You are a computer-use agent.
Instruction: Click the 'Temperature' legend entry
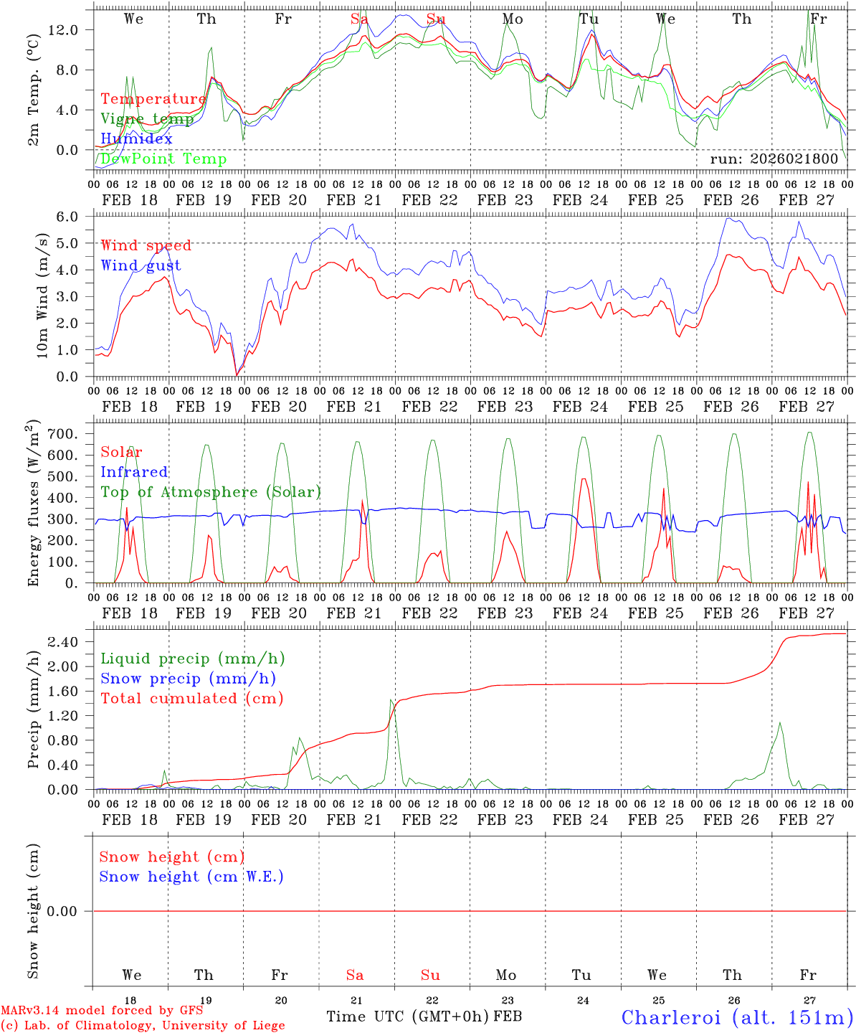(153, 99)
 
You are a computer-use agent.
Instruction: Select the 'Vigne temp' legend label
(147, 119)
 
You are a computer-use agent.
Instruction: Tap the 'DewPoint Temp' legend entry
(163, 159)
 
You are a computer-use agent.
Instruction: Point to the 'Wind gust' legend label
(141, 265)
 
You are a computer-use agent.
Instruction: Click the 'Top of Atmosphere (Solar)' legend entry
(211, 492)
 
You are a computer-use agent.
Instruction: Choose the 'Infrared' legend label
(134, 472)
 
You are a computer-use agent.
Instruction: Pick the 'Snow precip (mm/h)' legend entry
(189, 679)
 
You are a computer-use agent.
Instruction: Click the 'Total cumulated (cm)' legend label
(191, 698)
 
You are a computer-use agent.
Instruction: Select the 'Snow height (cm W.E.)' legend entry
(191, 877)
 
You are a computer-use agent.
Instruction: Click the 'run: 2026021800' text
(774, 159)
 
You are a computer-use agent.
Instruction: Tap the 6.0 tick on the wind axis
(71, 217)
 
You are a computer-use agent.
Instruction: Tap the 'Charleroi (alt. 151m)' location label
(737, 1017)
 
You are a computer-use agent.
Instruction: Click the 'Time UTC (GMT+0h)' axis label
(407, 1017)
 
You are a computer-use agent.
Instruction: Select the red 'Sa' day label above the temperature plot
(358, 19)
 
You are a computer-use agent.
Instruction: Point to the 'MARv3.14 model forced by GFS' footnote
(102, 1010)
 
